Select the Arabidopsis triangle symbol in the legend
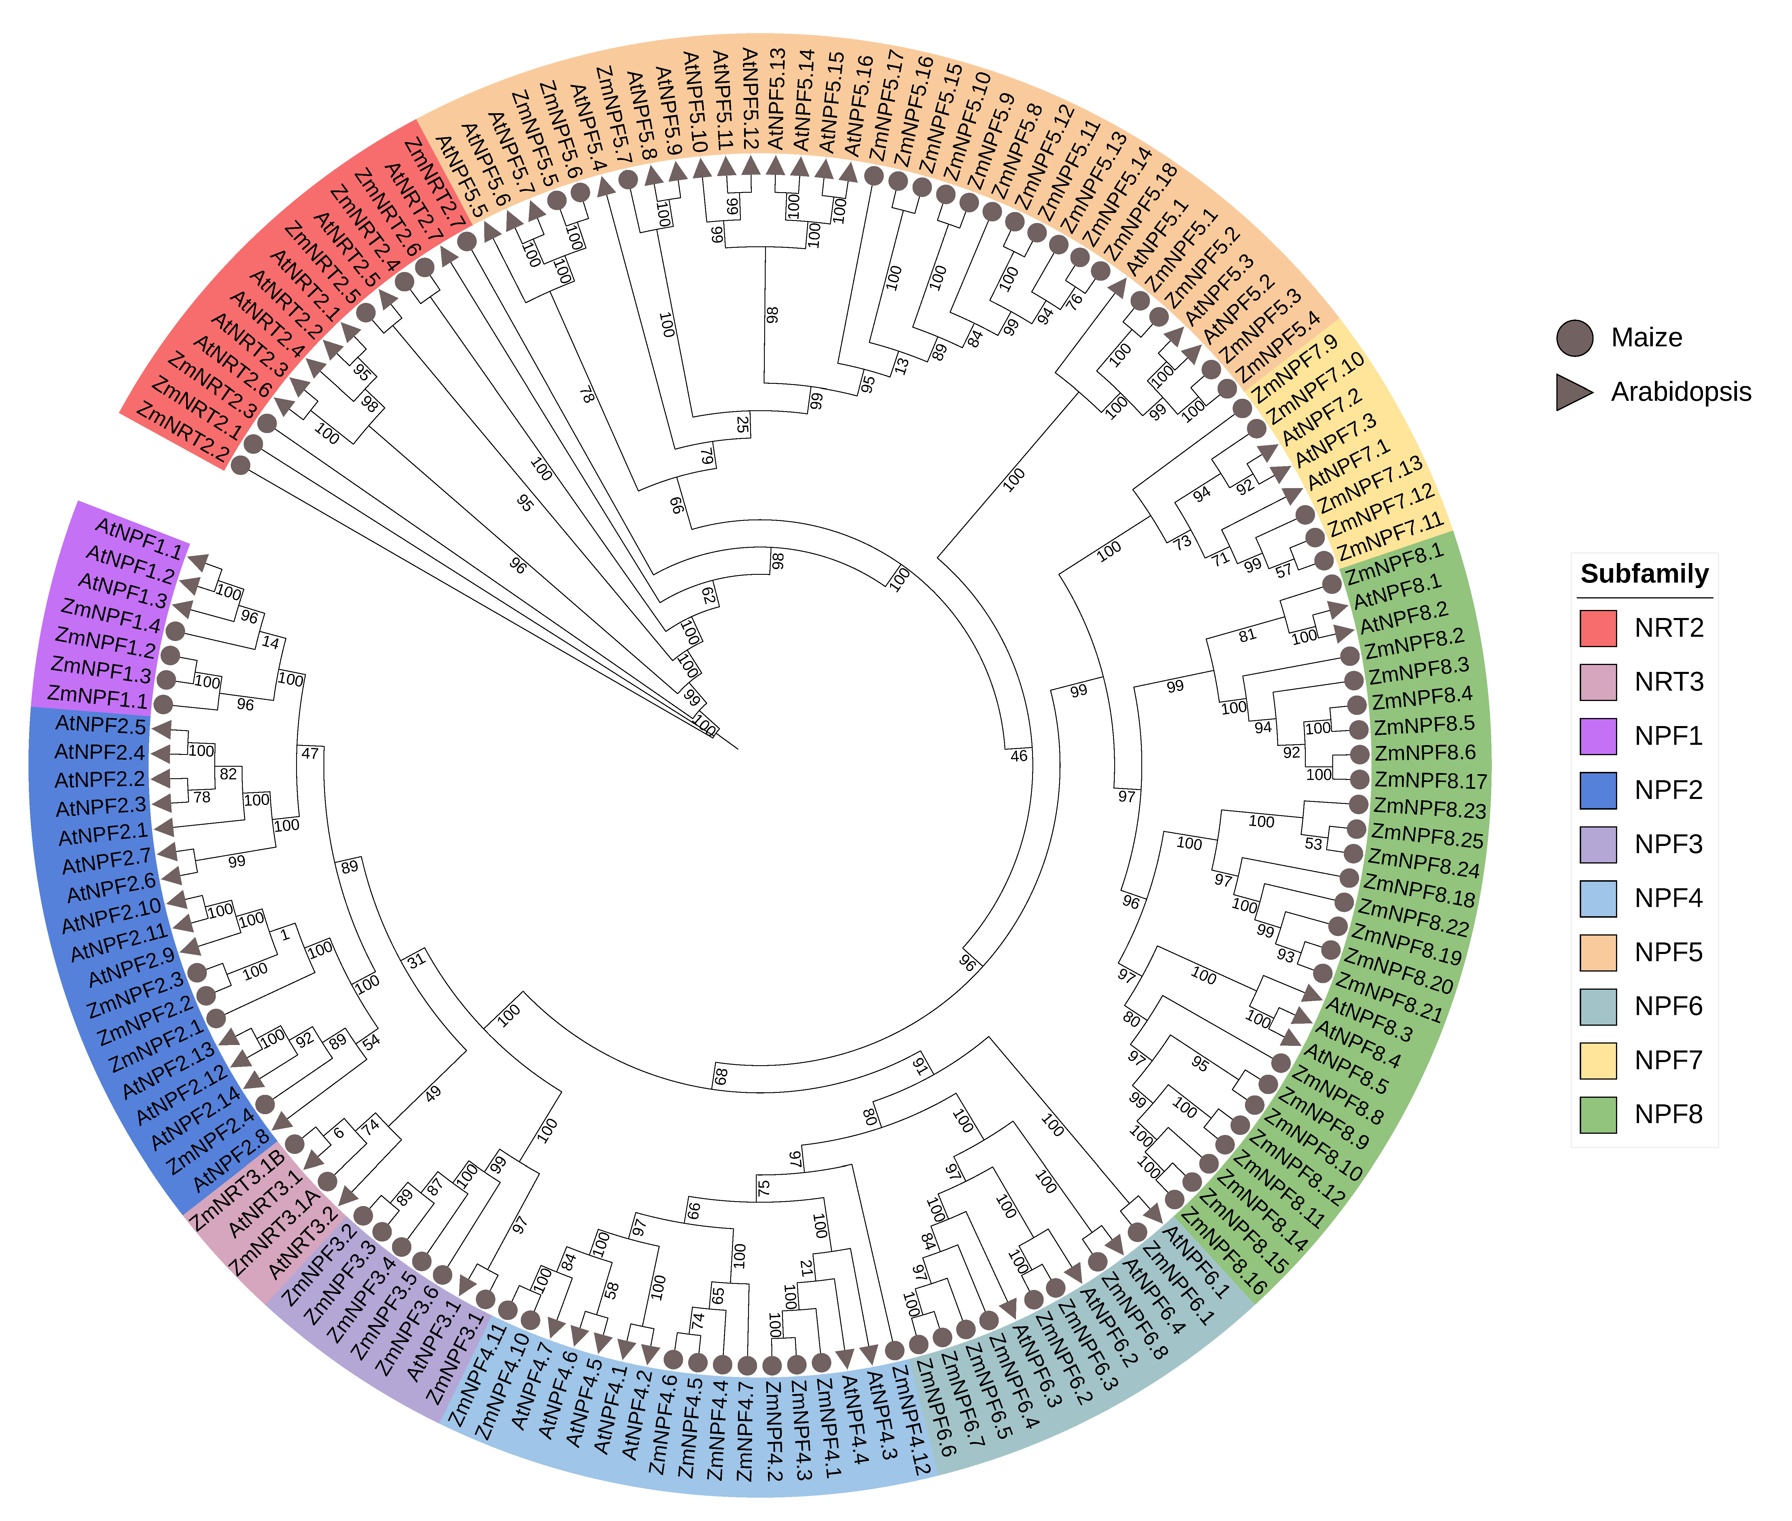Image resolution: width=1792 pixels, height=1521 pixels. coord(1574,392)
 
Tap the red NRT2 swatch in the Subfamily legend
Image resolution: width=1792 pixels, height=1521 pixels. coord(1597,628)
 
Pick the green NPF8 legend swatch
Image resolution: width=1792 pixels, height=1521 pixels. coord(1597,1114)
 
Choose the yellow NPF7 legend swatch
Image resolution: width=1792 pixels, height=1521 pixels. coord(1597,1060)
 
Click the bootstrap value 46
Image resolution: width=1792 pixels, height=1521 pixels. coord(1019,756)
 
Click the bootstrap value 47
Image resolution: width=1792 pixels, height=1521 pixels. coord(309,754)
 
